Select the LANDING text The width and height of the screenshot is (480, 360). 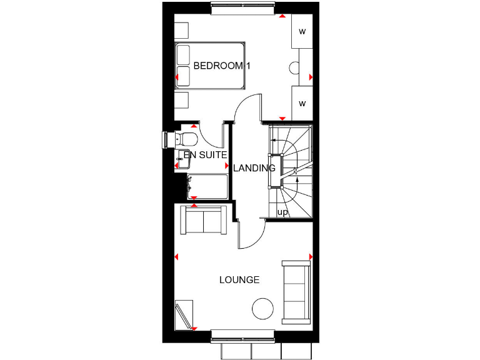click(x=254, y=168)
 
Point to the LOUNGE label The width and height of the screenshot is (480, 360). click(x=239, y=279)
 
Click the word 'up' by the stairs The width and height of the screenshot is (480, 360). click(x=282, y=212)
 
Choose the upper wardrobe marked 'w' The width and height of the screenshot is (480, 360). click(x=302, y=31)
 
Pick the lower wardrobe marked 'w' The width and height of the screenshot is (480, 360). click(x=302, y=103)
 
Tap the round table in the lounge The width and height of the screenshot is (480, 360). click(x=263, y=308)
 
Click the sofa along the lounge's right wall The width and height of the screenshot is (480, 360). click(x=296, y=292)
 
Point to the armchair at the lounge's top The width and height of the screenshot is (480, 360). click(x=203, y=221)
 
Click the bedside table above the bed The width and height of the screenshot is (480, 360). click(x=181, y=31)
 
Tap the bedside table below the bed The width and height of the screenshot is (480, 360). click(x=181, y=101)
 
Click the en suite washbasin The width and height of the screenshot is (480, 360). click(x=183, y=157)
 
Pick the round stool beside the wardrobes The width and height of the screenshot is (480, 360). click(x=294, y=69)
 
